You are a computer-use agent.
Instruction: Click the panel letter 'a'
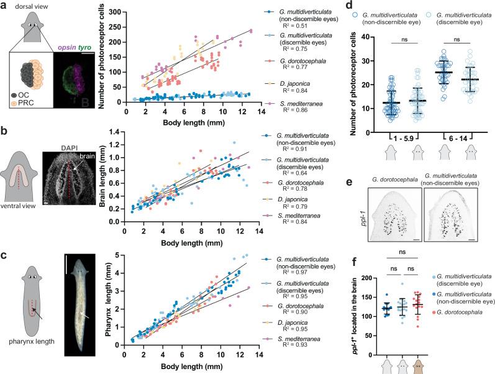4,6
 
